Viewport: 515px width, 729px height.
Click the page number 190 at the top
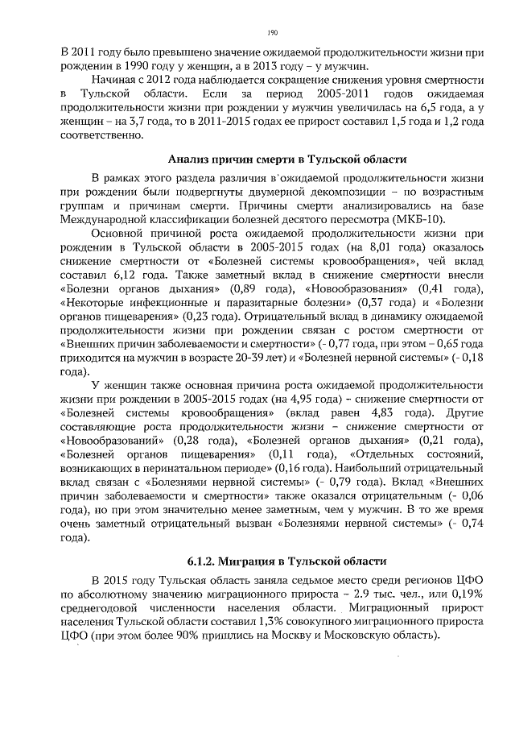272,32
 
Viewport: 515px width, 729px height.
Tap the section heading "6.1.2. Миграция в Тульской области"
275,560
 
